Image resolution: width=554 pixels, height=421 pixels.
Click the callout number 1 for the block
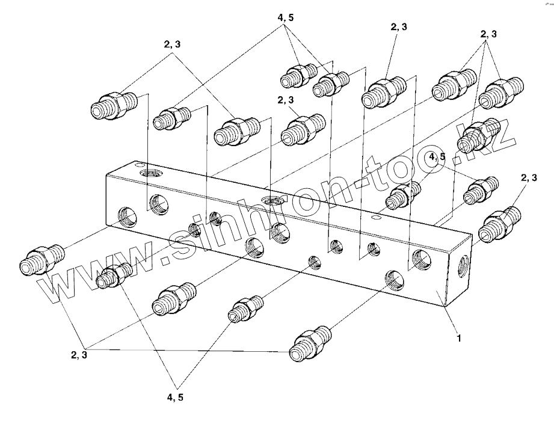[459, 339]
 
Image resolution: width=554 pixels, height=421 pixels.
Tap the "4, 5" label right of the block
[438, 158]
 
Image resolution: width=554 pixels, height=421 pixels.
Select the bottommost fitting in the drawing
[310, 345]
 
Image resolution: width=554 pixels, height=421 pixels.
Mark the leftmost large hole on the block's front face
[126, 217]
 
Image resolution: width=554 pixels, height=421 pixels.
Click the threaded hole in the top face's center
[271, 200]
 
